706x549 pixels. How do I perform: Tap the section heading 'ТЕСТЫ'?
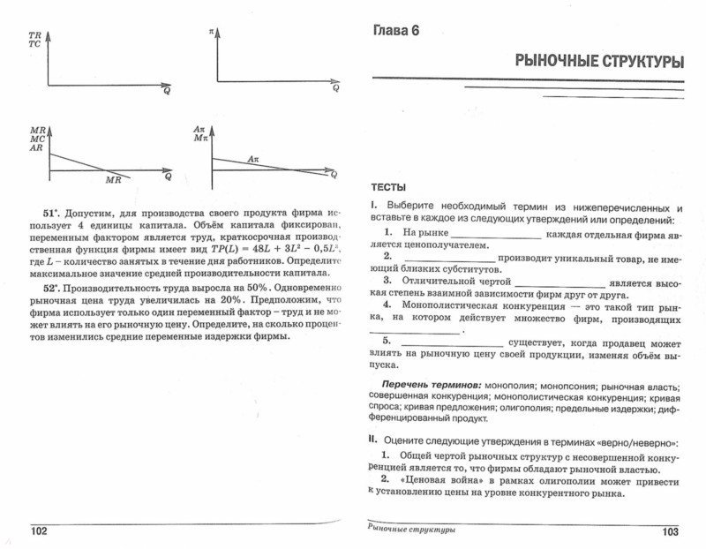click(387, 187)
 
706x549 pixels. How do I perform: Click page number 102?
click(40, 530)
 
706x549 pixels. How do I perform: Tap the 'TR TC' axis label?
click(34, 39)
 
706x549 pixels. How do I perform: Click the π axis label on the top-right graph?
click(212, 32)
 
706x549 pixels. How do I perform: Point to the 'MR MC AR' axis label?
click(36, 139)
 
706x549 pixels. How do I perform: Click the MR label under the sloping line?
click(113, 179)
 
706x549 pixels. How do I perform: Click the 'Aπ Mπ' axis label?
click(199, 134)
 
